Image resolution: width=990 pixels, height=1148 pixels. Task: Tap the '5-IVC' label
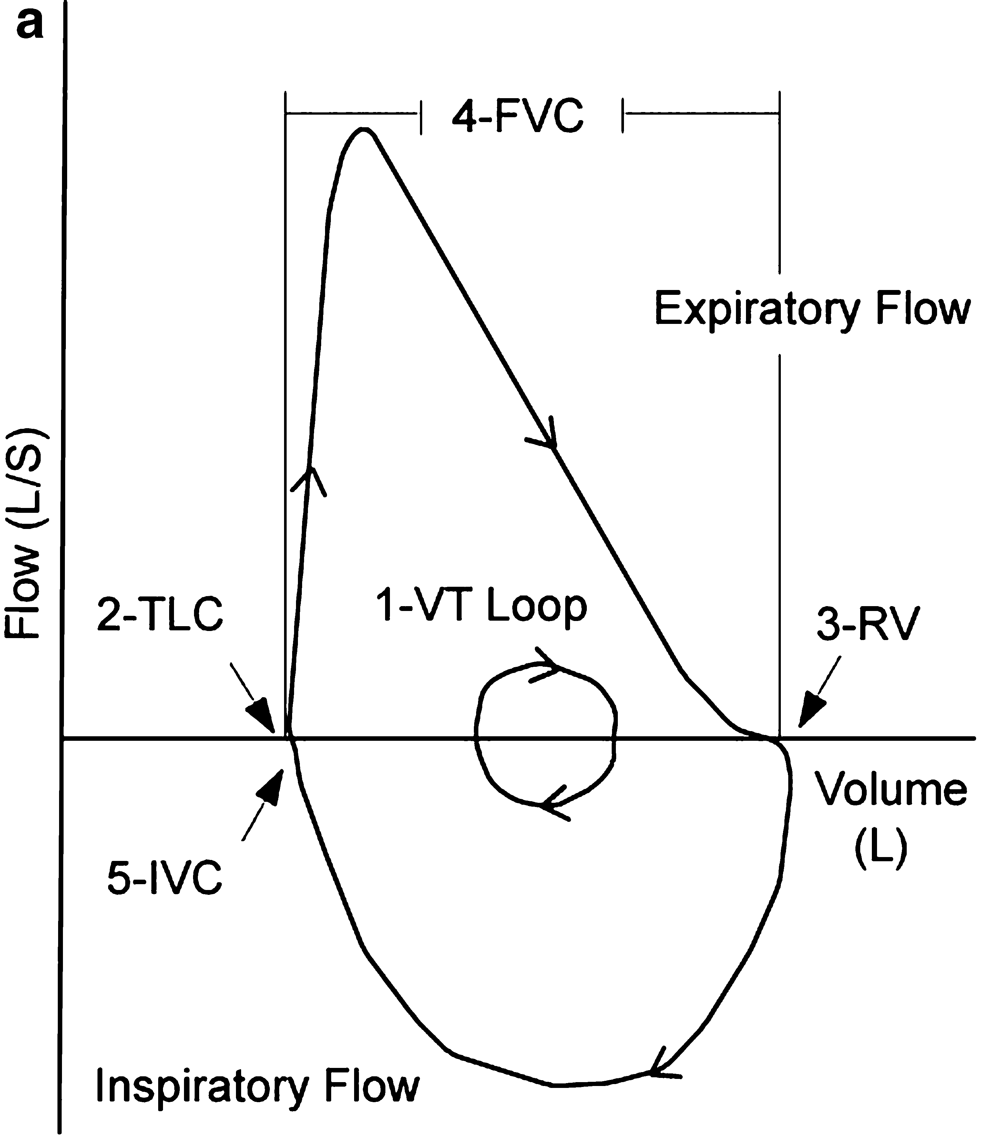(164, 878)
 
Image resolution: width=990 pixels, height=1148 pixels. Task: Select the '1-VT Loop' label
(481, 606)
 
